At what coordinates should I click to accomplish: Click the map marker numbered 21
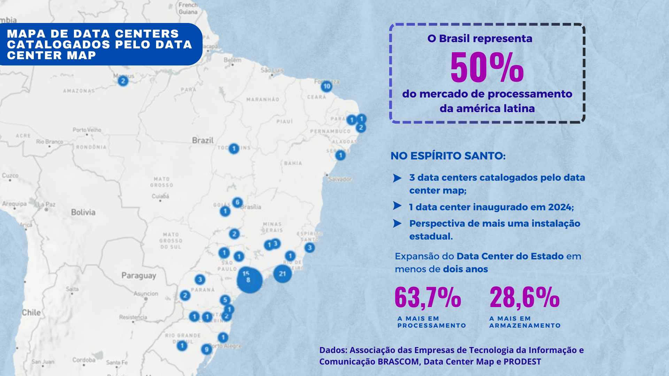pos(282,274)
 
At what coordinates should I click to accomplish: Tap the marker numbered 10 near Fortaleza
pos(326,86)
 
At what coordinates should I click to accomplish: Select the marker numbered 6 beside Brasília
pos(237,202)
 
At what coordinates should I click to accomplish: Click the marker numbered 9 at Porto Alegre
pos(206,349)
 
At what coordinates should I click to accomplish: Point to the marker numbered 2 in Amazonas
pos(123,81)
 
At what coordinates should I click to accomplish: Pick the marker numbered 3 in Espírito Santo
pos(309,248)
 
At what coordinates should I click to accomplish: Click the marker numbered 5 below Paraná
pos(225,300)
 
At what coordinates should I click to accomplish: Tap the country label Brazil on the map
pos(203,140)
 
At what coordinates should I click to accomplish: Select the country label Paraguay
pos(139,275)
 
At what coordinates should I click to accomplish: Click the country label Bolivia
pos(83,212)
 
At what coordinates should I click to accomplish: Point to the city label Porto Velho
pos(87,130)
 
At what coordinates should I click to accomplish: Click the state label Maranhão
pos(263,100)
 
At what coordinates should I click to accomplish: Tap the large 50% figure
pos(487,68)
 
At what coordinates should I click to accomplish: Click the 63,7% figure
pos(428,298)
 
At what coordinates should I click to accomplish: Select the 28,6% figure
pos(524,298)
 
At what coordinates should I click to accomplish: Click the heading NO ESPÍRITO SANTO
pos(448,156)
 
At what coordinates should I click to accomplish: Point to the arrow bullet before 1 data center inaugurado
pos(397,206)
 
